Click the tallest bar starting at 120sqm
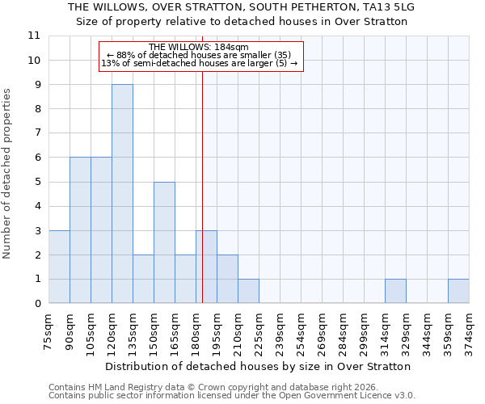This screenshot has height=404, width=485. [122, 194]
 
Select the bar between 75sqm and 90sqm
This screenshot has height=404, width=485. [59, 267]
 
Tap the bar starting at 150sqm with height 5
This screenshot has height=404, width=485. [164, 242]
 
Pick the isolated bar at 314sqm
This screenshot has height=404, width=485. [395, 292]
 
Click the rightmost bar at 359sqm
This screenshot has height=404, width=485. [458, 292]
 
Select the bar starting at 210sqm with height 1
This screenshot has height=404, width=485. [248, 292]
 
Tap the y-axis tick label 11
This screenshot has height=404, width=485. [34, 36]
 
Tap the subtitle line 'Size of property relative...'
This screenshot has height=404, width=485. [242, 21]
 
